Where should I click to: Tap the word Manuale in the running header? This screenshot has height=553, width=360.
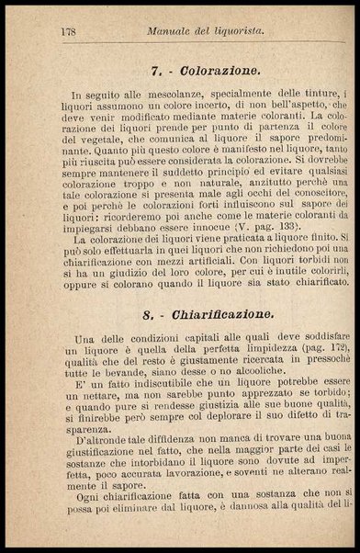tap(172, 31)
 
